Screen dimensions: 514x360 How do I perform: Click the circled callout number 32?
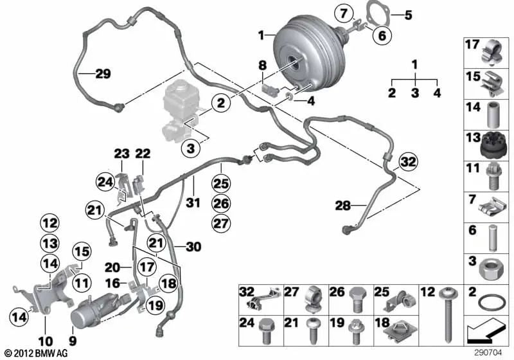pyautogui.click(x=409, y=162)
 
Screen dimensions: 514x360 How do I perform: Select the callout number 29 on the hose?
pyautogui.click(x=103, y=73)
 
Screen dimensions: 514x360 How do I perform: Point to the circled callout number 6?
pyautogui.click(x=382, y=35)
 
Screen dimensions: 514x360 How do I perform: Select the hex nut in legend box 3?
pyautogui.click(x=489, y=267)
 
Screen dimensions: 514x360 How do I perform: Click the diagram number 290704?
pyautogui.click(x=488, y=353)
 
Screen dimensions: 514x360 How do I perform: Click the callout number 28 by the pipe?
pyautogui.click(x=342, y=206)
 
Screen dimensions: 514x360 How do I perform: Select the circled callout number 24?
pyautogui.click(x=105, y=183)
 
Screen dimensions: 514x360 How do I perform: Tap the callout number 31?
pyautogui.click(x=193, y=203)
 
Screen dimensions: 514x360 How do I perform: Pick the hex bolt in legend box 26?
pyautogui.click(x=358, y=300)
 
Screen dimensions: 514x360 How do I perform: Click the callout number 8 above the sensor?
pyautogui.click(x=263, y=65)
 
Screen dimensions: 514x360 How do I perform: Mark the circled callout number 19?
pyautogui.click(x=155, y=305)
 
